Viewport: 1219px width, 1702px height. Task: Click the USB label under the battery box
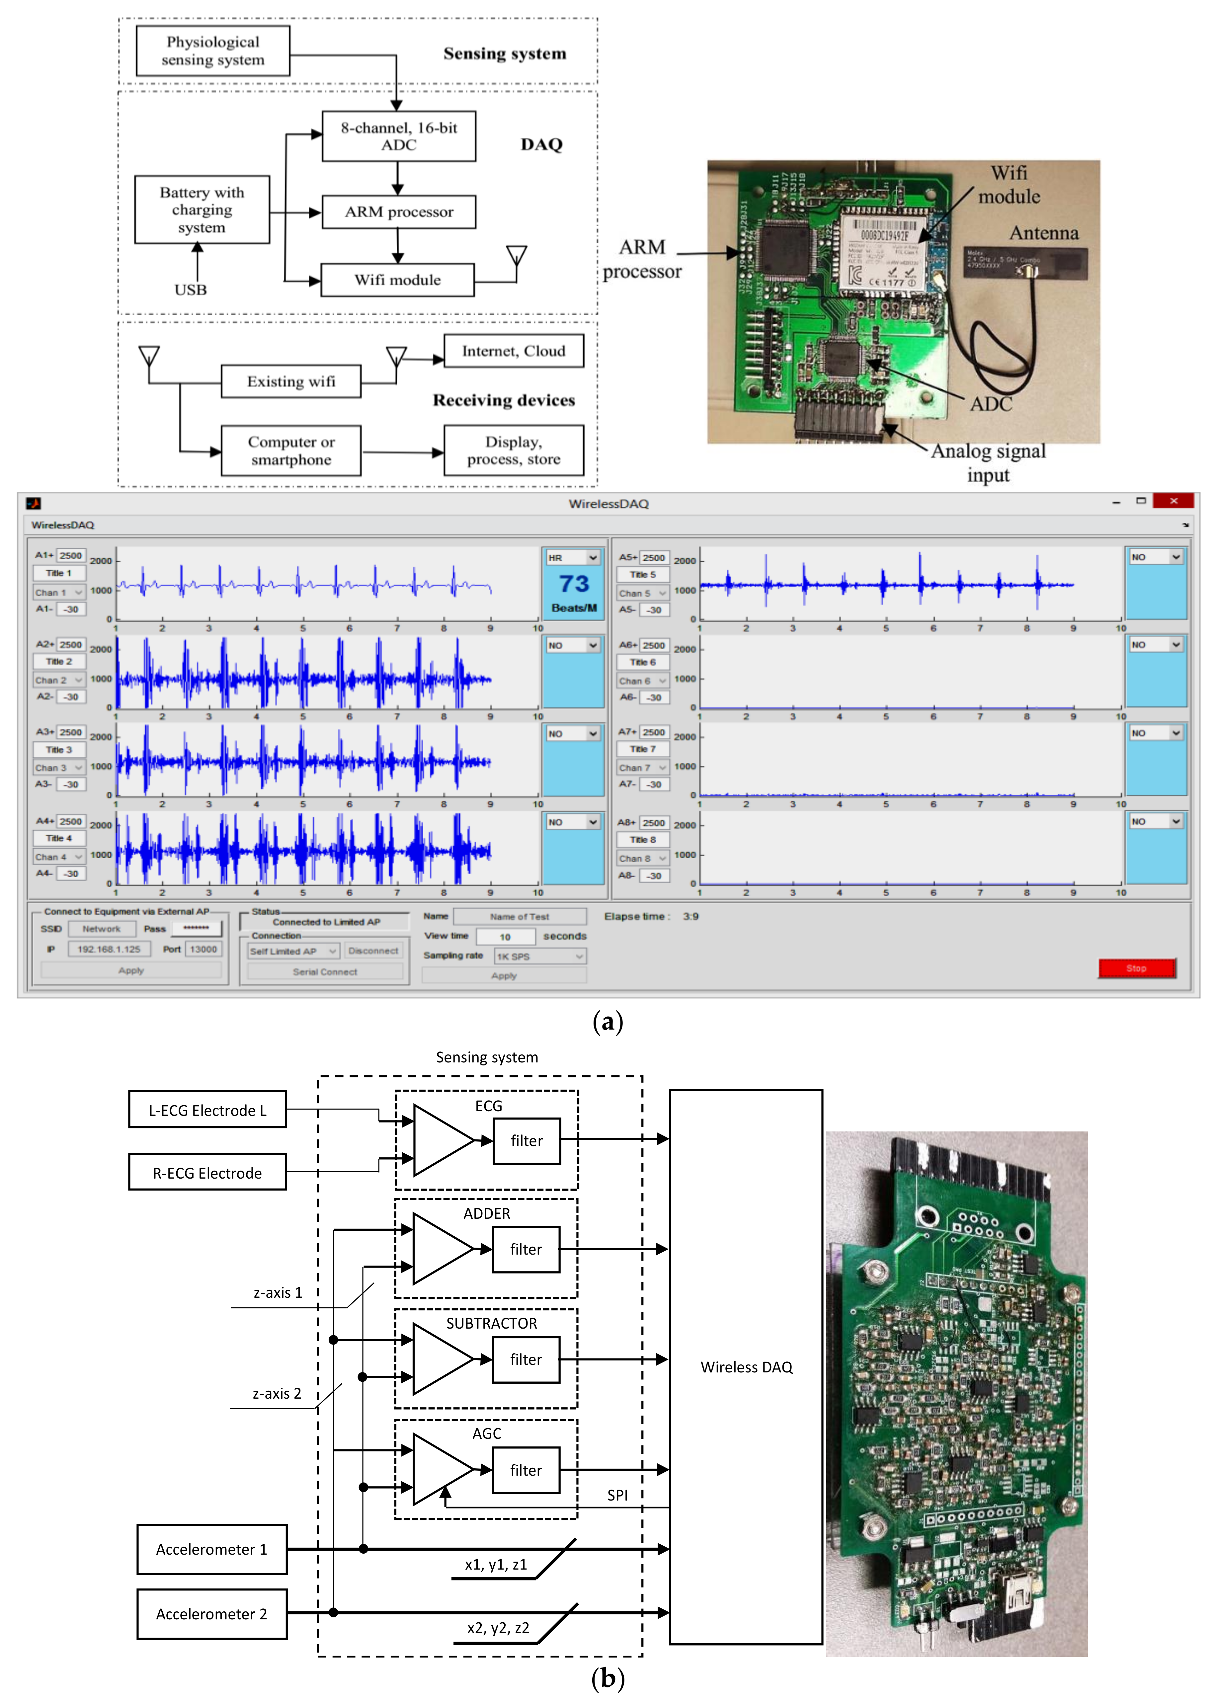pyautogui.click(x=191, y=290)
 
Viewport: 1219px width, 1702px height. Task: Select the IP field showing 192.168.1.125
pyautogui.click(x=109, y=949)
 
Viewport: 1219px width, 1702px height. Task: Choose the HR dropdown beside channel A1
pyautogui.click(x=573, y=558)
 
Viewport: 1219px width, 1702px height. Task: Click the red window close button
pyautogui.click(x=1173, y=501)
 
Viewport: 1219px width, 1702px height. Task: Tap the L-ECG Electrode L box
pyautogui.click(x=207, y=1110)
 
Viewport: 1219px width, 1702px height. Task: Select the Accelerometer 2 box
pyautogui.click(x=212, y=1613)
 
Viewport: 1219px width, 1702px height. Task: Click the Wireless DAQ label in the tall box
pyautogui.click(x=746, y=1367)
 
